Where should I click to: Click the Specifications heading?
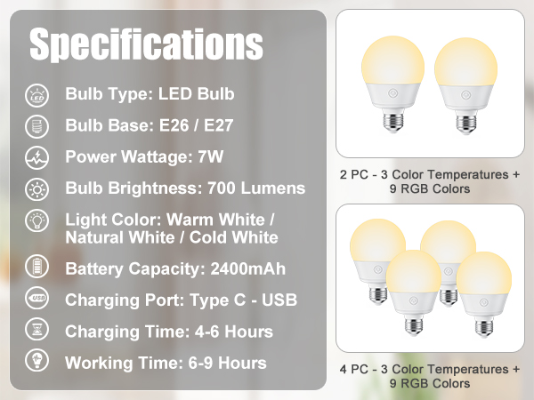coord(147,44)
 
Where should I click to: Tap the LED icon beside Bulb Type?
coord(38,94)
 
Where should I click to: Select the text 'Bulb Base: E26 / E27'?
coord(149,125)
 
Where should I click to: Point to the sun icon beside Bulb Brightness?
coord(38,188)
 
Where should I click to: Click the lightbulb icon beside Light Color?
coord(38,220)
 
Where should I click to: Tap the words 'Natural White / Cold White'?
coord(172,237)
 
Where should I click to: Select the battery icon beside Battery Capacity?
coord(38,268)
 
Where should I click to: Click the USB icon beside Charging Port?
coord(38,300)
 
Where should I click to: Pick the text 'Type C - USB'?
coord(232,300)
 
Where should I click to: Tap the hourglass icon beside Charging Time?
coord(38,332)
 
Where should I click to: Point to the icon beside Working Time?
coord(38,363)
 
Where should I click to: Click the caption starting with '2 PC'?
coord(429,181)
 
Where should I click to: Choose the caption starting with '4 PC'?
coord(429,375)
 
